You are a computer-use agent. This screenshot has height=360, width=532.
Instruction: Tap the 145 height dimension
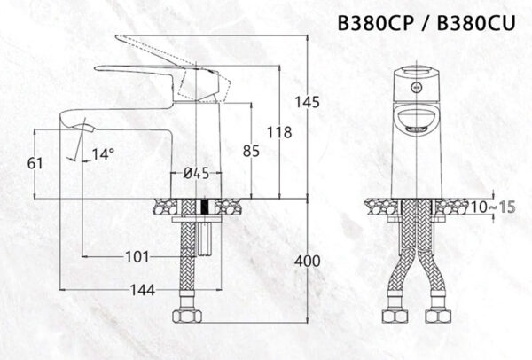click(308, 103)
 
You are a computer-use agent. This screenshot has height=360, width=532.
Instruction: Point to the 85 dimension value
click(251, 152)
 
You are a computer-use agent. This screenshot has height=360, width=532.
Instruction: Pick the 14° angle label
click(103, 154)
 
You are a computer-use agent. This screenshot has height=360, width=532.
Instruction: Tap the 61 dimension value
click(35, 163)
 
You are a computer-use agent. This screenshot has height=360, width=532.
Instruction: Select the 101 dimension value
click(137, 257)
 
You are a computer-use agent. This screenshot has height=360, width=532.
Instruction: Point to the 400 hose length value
click(306, 261)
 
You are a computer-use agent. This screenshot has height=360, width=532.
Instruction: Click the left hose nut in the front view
click(393, 317)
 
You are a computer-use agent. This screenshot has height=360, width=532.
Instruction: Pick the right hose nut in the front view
click(435, 317)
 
